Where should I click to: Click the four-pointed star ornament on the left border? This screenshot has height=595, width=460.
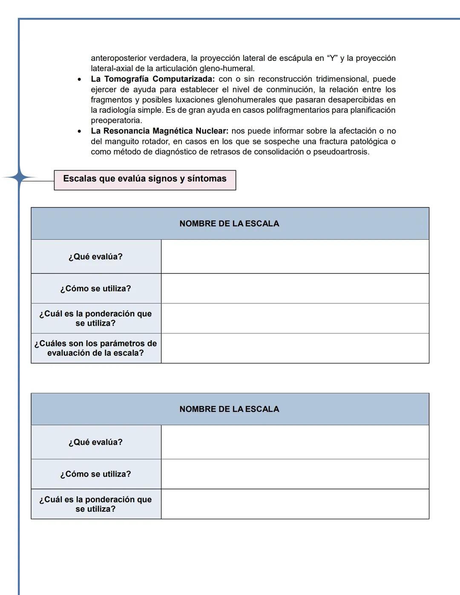tap(19, 177)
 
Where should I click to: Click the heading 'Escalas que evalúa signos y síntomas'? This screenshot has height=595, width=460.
tap(145, 179)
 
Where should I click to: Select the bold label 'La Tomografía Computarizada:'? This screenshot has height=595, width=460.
tap(152, 79)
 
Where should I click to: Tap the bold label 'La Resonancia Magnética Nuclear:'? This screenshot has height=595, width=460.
tap(159, 131)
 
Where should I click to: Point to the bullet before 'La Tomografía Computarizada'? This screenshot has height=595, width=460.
tap(79, 80)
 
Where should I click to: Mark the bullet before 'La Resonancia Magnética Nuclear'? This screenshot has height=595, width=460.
tap(79, 132)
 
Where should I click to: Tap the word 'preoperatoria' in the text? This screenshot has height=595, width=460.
tap(115, 121)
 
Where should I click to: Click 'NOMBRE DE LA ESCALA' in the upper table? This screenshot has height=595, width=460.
tap(229, 224)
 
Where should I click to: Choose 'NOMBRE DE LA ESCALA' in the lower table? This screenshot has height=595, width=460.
tap(229, 409)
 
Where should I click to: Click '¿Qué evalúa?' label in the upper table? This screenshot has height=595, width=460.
tap(95, 257)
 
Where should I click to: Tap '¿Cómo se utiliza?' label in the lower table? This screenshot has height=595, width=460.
tap(95, 474)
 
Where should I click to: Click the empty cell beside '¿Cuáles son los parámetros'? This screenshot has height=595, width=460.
tap(295, 348)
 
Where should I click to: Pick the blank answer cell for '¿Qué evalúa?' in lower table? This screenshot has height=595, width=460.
tap(295, 442)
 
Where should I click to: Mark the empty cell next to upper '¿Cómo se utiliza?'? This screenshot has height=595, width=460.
tap(295, 289)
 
